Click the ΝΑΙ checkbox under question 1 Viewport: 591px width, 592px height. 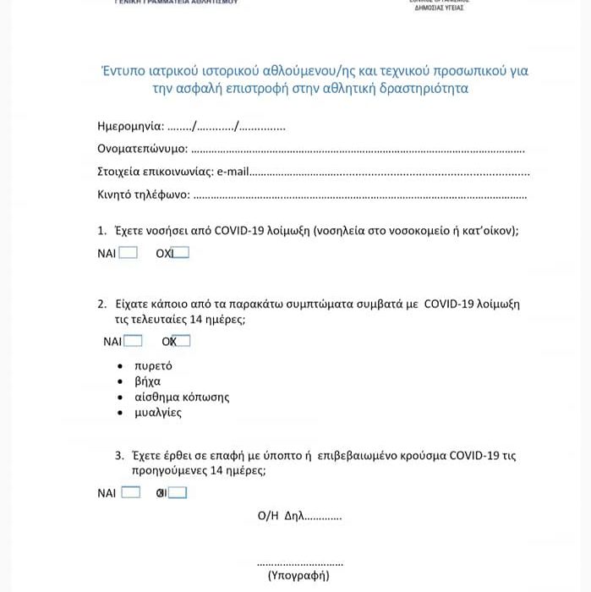129,252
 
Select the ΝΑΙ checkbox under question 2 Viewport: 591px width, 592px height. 134,341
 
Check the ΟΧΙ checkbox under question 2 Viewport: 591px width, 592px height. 182,341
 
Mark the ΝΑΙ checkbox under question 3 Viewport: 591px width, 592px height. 131,492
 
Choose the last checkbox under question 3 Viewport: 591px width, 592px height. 178,492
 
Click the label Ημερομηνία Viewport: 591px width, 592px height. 130,127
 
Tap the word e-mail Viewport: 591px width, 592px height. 233,172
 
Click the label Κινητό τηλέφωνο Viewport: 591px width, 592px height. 143,195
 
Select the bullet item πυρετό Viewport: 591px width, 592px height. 152,365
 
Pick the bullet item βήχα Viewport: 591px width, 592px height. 147,381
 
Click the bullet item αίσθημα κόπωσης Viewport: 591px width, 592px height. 181,397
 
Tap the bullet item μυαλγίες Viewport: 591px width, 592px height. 157,413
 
